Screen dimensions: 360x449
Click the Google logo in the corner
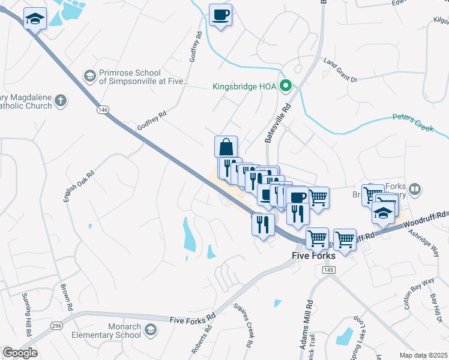pyautogui.click(x=20, y=353)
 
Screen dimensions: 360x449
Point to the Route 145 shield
pyautogui.click(x=328, y=271)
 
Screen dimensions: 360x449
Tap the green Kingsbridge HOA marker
pyautogui.click(x=286, y=86)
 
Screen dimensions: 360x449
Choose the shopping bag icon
pyautogui.click(x=226, y=147)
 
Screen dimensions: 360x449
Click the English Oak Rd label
pyautogui.click(x=79, y=187)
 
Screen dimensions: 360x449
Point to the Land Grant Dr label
pyautogui.click(x=340, y=70)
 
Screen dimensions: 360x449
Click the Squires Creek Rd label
pyautogui.click(x=248, y=331)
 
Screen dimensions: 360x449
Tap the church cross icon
pyautogui.click(x=60, y=101)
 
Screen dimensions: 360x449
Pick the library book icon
pyautogui.click(x=414, y=190)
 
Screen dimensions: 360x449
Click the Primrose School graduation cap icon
pyautogui.click(x=89, y=75)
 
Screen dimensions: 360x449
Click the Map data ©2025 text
pyautogui.click(x=423, y=355)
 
